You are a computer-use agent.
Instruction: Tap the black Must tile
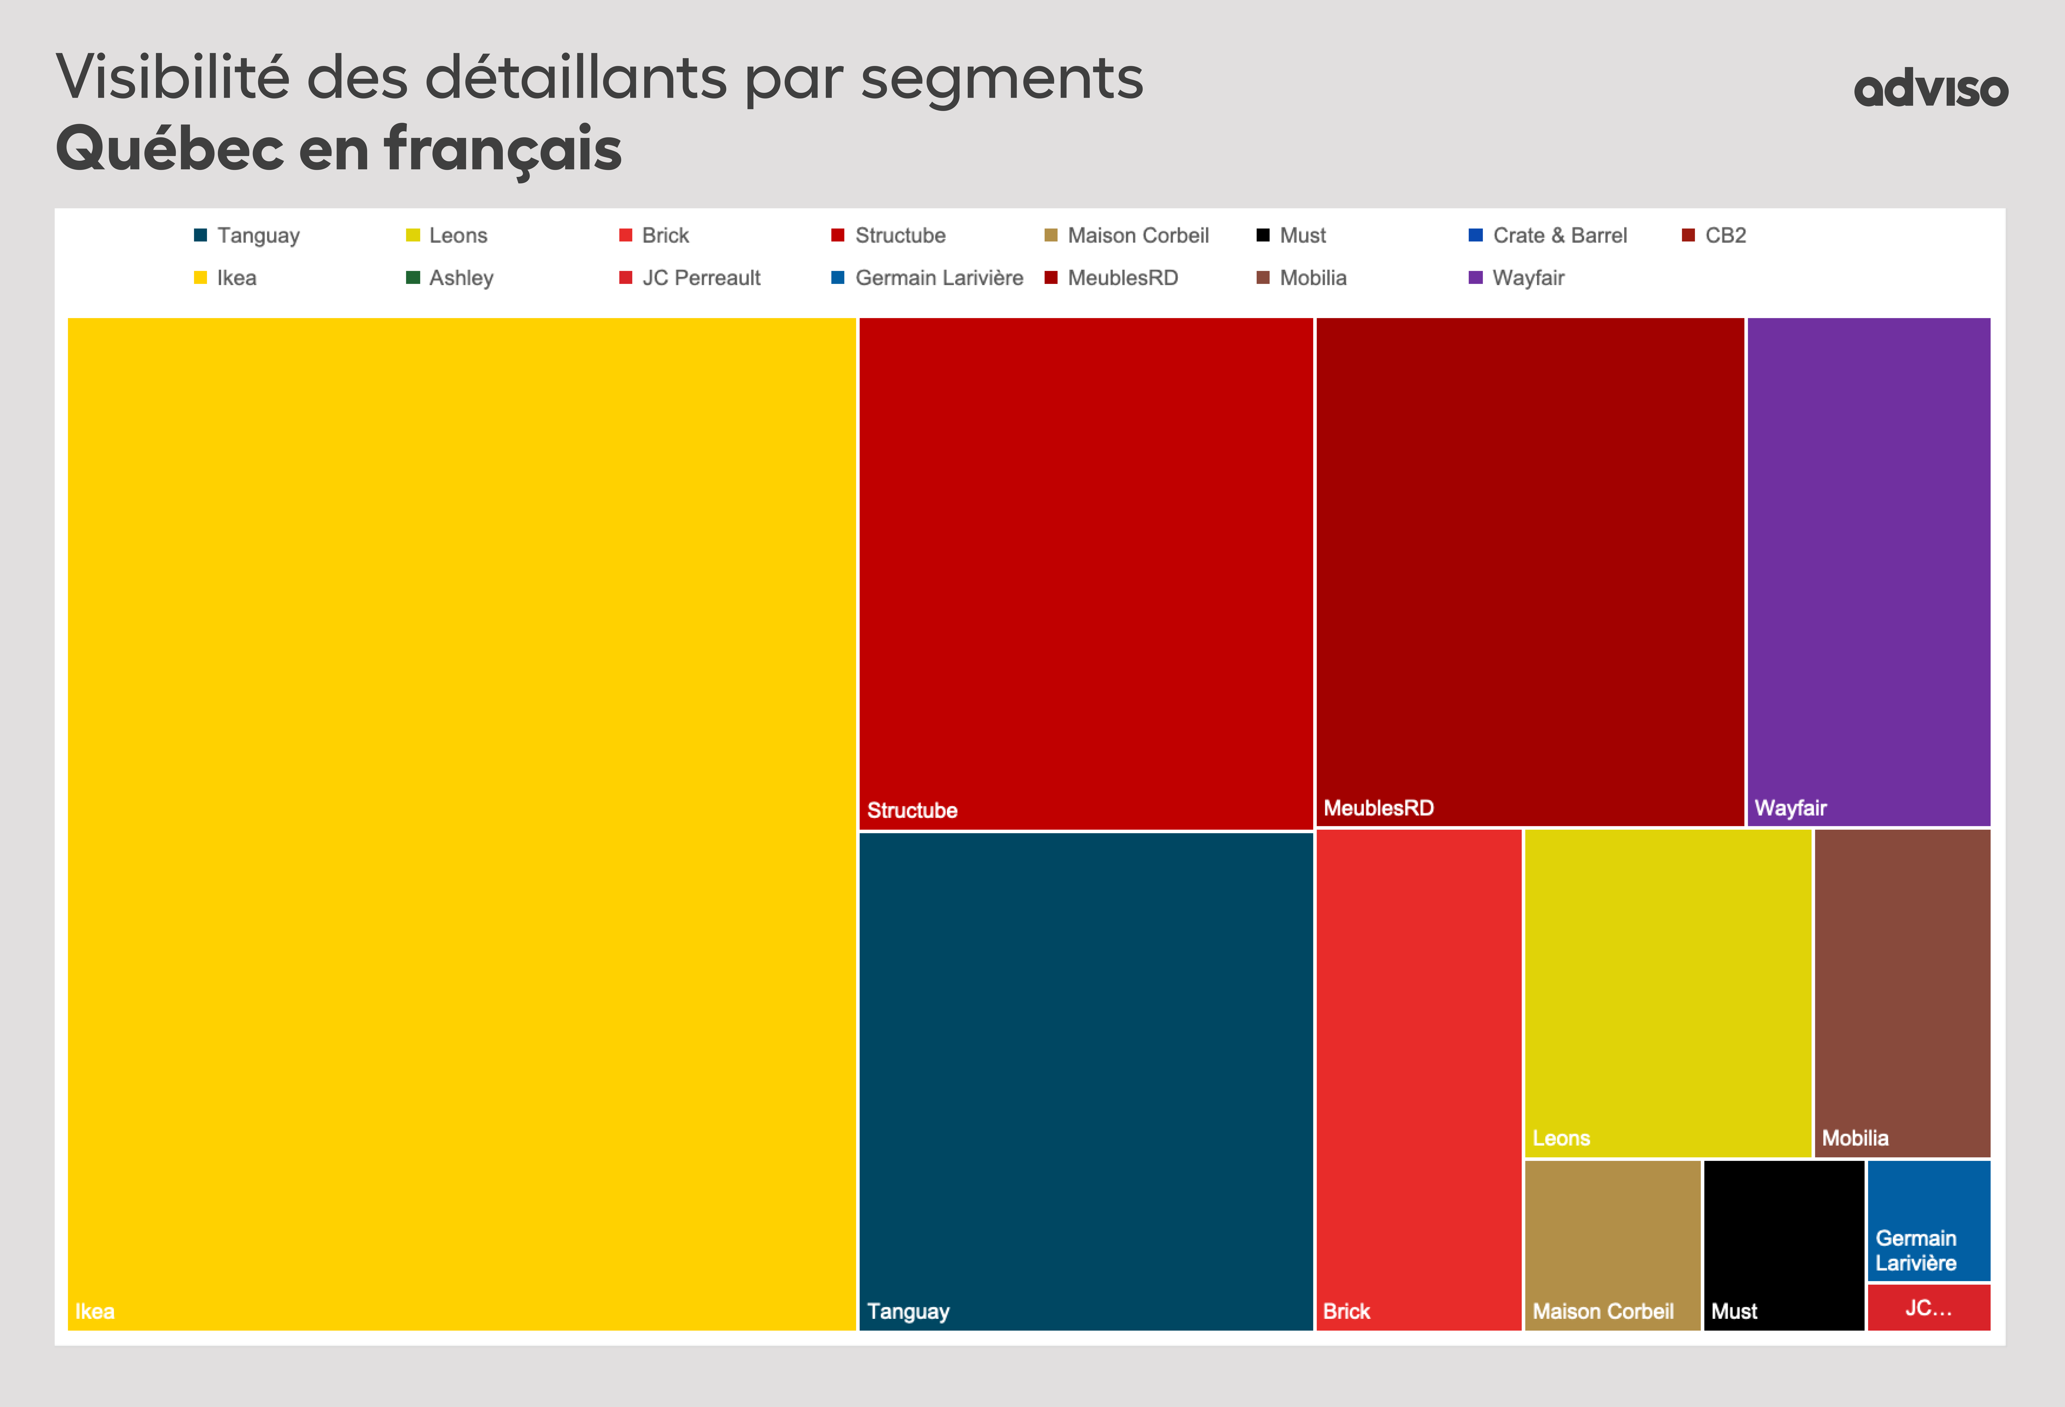[x=1783, y=1244]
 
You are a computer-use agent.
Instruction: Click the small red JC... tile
[x=1928, y=1308]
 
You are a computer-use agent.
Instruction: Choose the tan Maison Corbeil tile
[x=1612, y=1244]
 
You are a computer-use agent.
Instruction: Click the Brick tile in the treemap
[x=1418, y=1079]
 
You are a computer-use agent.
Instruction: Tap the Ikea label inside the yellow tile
[x=95, y=1311]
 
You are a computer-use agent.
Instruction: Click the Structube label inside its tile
[x=912, y=810]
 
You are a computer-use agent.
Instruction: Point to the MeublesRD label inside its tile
[x=1378, y=807]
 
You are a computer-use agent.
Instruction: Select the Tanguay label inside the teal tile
[x=908, y=1311]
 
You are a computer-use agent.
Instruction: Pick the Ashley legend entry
[x=460, y=278]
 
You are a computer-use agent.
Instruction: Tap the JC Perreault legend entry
[x=700, y=278]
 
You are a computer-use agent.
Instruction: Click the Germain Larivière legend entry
[x=938, y=278]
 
